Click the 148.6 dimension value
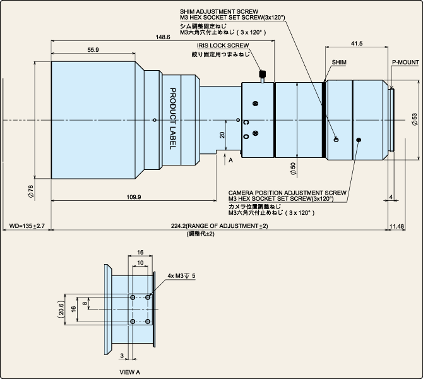tap(163, 37)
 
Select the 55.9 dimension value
tap(93, 50)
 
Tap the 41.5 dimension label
tap(357, 44)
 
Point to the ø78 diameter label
tap(31, 192)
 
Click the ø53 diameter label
tap(414, 119)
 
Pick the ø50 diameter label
tap(293, 169)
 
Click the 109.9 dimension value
tap(134, 197)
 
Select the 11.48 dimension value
tap(397, 226)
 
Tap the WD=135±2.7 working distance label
tap(27, 226)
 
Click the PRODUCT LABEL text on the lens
tap(172, 119)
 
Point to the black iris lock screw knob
tap(262, 73)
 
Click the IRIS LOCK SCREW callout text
tap(223, 45)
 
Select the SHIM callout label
tap(339, 63)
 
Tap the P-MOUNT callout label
tap(405, 63)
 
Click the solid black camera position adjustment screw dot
tap(359, 140)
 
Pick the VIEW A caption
tap(130, 372)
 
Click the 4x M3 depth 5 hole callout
tap(181, 276)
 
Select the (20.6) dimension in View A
tap(61, 309)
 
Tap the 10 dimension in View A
tap(140, 263)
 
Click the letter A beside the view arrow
tap(230, 160)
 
